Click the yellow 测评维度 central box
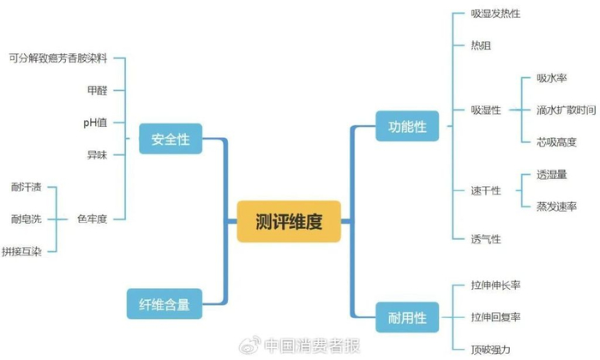[x=289, y=221]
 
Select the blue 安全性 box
[x=171, y=140]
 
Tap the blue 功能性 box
[x=407, y=127]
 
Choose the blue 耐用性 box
[x=407, y=319]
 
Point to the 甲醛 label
[x=97, y=90]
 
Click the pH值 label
[x=95, y=123]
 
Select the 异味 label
[x=97, y=154]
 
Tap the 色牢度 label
[x=92, y=219]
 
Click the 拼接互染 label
[x=20, y=251]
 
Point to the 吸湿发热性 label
[x=495, y=15]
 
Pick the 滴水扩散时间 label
[x=566, y=110]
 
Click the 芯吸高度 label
[x=556, y=141]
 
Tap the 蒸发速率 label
[x=556, y=207]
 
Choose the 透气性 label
[x=486, y=238]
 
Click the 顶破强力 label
[x=490, y=348]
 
